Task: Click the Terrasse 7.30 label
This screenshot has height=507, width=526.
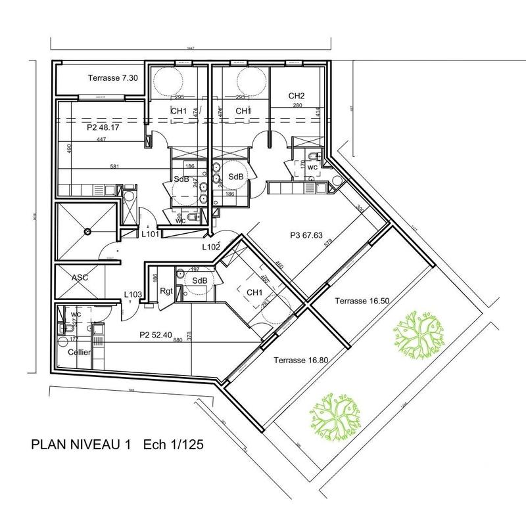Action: click(x=112, y=77)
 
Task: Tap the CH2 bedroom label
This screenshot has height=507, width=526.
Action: click(x=297, y=96)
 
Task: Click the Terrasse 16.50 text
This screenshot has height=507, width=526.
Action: click(x=362, y=301)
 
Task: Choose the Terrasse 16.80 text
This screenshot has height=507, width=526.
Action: click(x=300, y=360)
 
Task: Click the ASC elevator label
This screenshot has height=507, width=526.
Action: click(x=79, y=278)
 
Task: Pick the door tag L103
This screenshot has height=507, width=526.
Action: click(x=133, y=295)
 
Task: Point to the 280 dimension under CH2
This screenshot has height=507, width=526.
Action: click(x=297, y=106)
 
